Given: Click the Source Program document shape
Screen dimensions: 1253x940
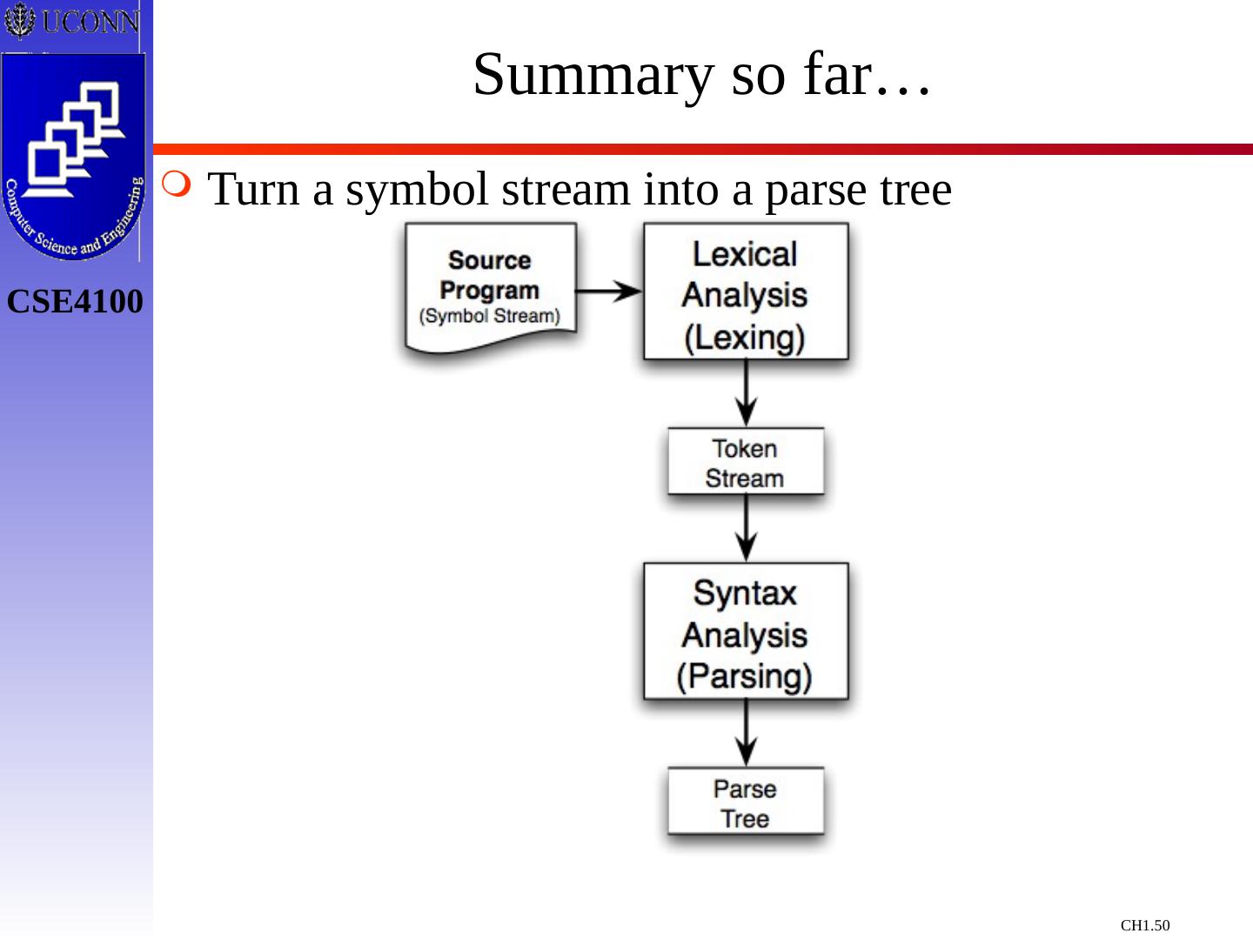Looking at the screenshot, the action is click(x=491, y=287).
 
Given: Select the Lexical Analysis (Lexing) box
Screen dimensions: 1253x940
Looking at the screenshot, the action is click(x=746, y=291).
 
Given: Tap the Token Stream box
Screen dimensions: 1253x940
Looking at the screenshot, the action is click(x=746, y=461).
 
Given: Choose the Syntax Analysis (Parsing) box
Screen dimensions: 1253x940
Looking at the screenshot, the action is click(x=746, y=631).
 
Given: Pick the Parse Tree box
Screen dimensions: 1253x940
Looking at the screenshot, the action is click(x=746, y=802).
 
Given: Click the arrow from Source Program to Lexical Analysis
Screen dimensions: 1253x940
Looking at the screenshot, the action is click(x=609, y=291).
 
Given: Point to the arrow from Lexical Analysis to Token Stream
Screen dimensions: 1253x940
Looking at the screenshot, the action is click(x=746, y=393).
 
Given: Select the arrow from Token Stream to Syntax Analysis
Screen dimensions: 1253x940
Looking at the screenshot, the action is click(x=746, y=528).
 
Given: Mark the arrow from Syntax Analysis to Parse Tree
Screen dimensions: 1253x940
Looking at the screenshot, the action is click(x=746, y=734).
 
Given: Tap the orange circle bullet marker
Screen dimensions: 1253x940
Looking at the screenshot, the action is click(x=176, y=184).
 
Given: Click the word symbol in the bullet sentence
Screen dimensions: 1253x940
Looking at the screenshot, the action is click(x=417, y=189).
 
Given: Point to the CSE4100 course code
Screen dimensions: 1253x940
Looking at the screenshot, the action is click(x=75, y=301).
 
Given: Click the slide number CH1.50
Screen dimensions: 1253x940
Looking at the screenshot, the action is click(x=1144, y=925).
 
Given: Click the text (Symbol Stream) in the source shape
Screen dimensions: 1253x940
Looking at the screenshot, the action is click(x=490, y=316).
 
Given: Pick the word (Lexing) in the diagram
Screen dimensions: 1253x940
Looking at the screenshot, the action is click(x=745, y=338).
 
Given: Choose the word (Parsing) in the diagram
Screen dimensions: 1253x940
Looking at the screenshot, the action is click(x=744, y=677).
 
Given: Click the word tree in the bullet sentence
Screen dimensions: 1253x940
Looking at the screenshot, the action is click(x=916, y=189).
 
